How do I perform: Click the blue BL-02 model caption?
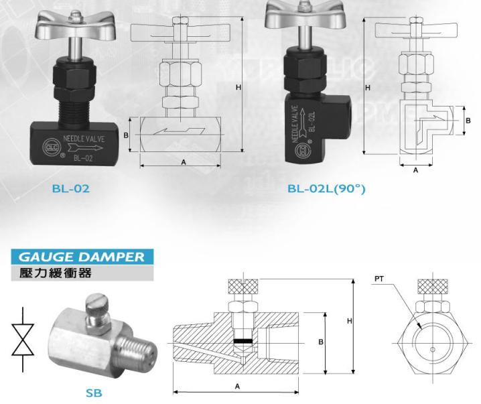[71, 188]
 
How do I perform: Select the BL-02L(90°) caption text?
[326, 189]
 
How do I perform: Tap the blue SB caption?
[94, 393]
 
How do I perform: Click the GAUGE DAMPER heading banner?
[82, 257]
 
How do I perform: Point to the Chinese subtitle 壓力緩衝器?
[56, 273]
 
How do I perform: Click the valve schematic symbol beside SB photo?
[23, 340]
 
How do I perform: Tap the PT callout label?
[379, 279]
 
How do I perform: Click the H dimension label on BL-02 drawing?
[238, 87]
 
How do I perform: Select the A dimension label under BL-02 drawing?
[184, 162]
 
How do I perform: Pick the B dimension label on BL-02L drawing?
[468, 121]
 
